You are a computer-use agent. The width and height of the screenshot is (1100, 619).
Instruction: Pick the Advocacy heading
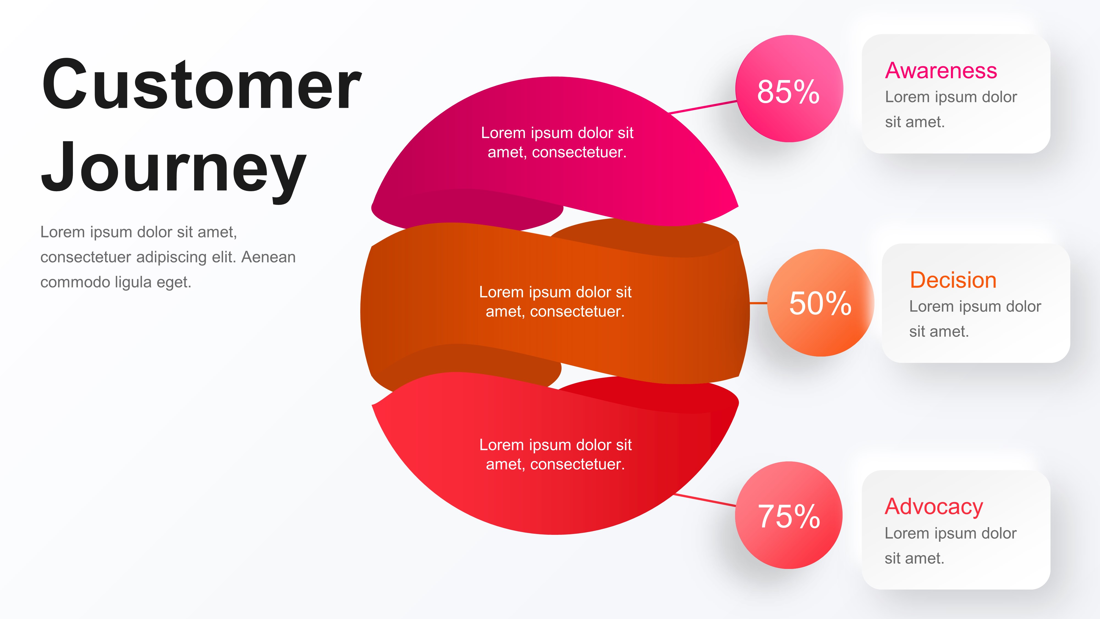tap(933, 507)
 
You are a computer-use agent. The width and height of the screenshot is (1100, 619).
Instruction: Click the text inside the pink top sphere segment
tap(557, 142)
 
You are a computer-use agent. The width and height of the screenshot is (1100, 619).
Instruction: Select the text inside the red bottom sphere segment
tap(555, 454)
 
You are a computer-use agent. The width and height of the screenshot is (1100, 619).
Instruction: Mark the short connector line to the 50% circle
tap(758, 303)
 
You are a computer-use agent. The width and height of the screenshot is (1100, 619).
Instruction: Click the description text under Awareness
tap(951, 109)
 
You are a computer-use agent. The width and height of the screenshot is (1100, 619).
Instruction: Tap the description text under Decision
tap(975, 319)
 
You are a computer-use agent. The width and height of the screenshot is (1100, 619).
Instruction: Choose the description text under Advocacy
tap(950, 546)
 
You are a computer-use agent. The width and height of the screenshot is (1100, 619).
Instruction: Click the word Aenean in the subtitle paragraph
tap(268, 257)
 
